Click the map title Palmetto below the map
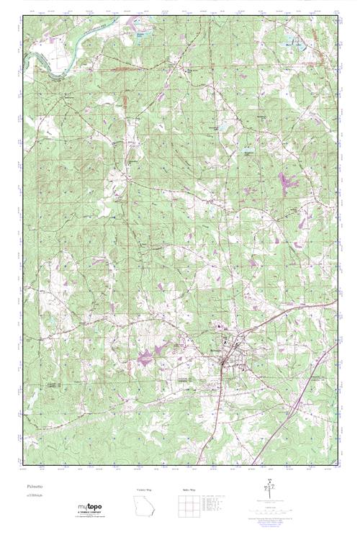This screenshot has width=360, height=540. click(33, 487)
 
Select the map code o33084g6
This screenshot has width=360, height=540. click(34, 496)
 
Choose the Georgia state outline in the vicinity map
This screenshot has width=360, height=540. click(143, 507)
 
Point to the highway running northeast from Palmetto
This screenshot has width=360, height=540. click(288, 314)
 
